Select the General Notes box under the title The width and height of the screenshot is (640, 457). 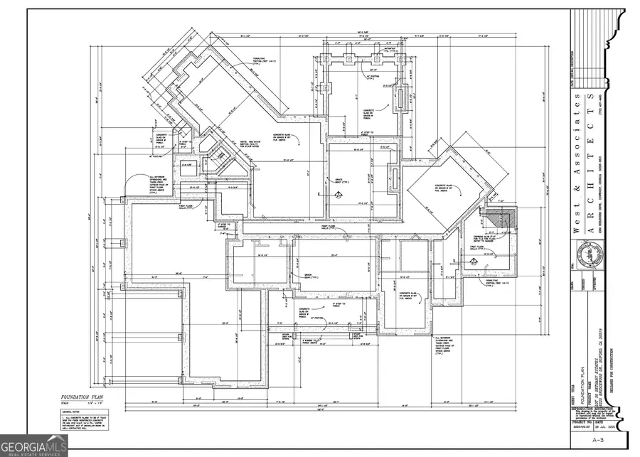pyautogui.click(x=80, y=420)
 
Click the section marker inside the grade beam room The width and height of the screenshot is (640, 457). pyautogui.click(x=339, y=194)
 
